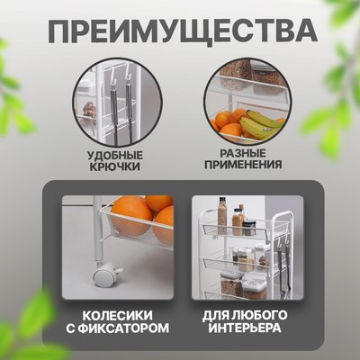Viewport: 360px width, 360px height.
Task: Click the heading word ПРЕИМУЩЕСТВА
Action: [x=181, y=32]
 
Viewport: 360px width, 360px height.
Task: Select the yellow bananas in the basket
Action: [x=258, y=123]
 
